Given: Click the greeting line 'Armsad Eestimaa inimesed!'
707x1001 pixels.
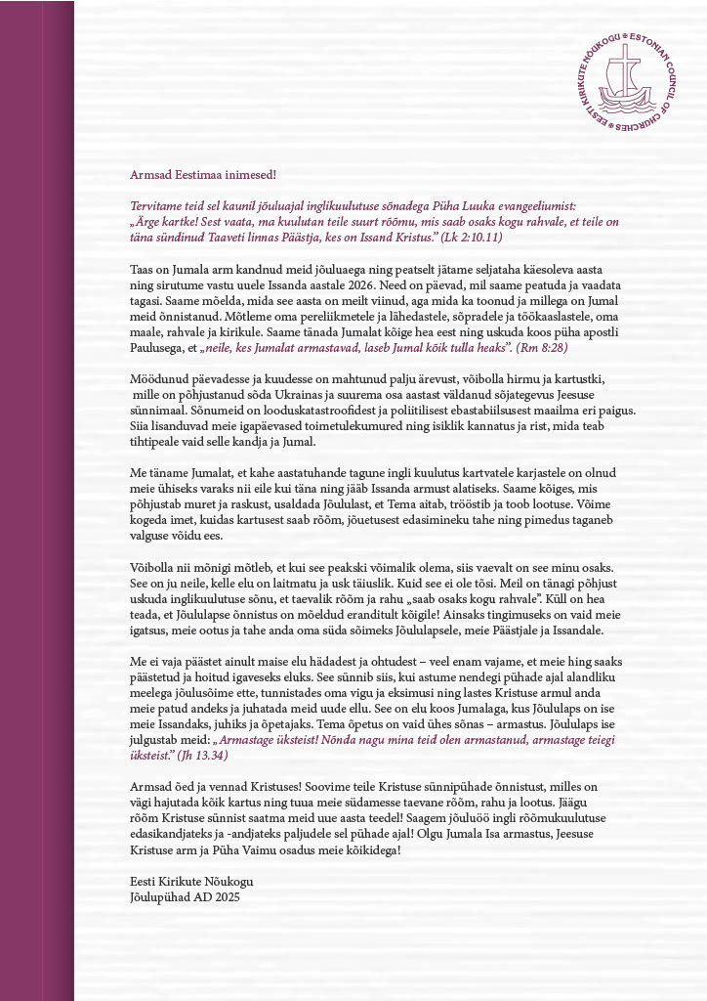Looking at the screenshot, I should pos(203,175).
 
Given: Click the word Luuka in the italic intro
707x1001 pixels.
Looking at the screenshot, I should pos(458,206).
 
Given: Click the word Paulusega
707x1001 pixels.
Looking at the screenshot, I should pos(158,346).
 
